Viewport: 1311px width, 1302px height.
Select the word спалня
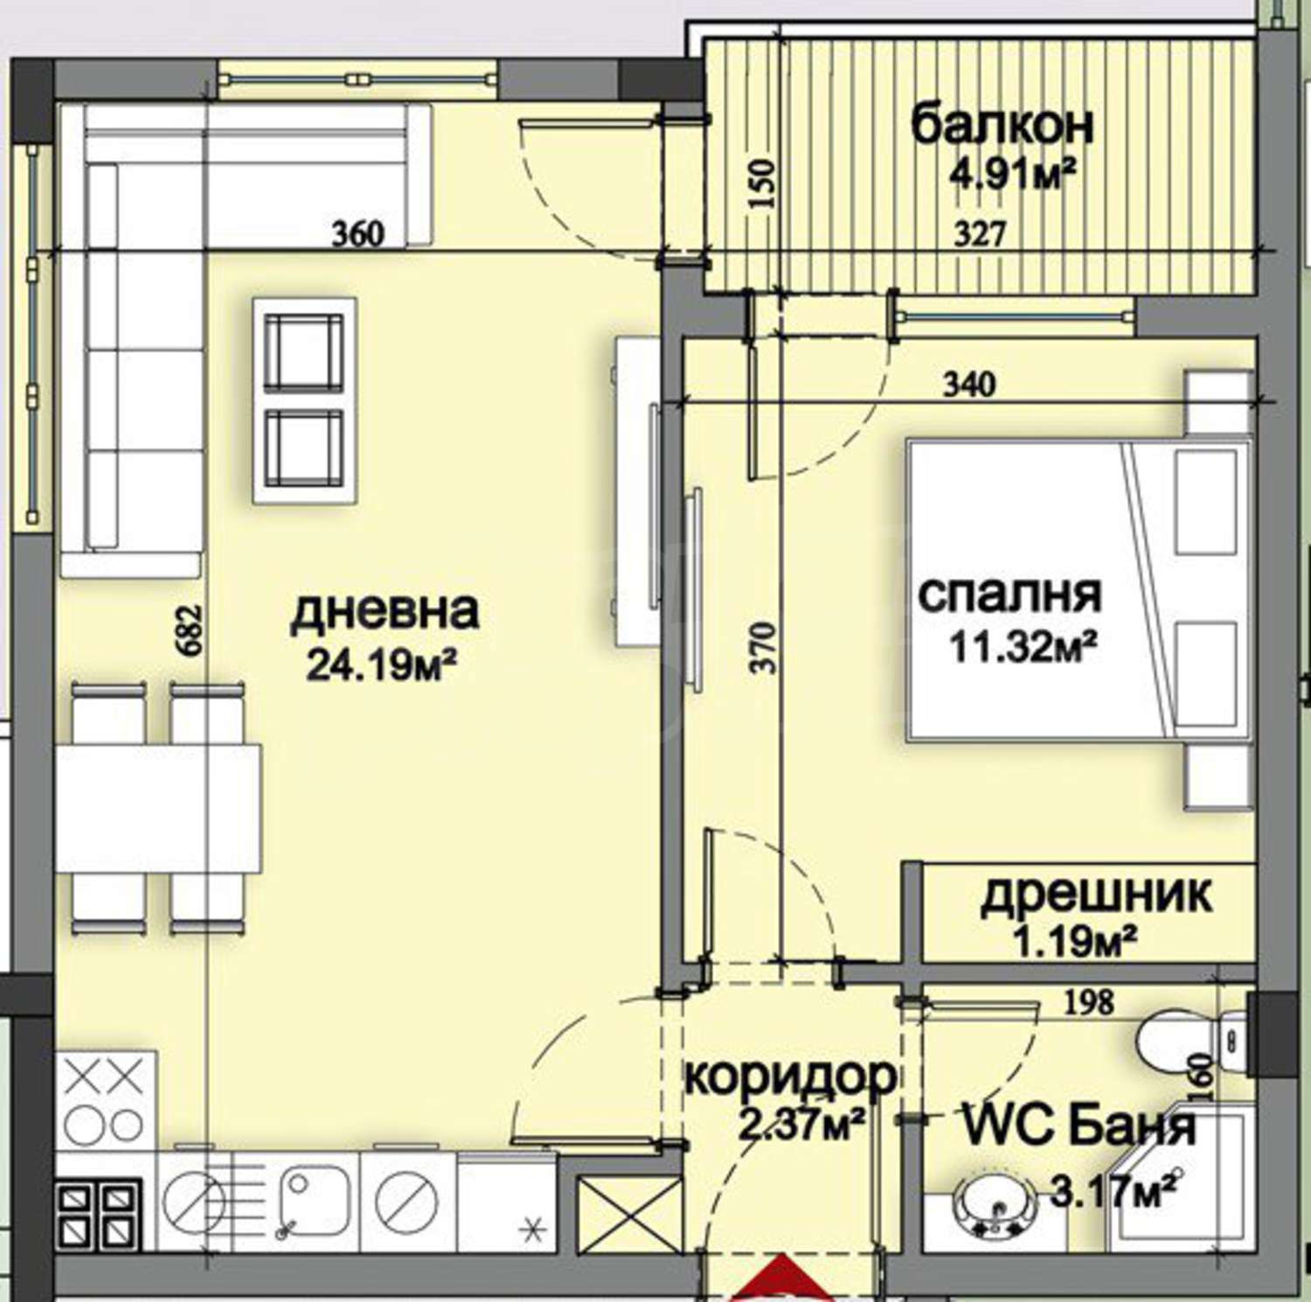pos(1009,595)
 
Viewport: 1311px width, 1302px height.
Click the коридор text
pos(791,1077)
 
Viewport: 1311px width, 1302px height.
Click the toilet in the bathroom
pos(1194,1041)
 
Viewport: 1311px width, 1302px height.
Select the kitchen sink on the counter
pos(313,1201)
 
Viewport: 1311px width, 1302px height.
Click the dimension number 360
pos(358,234)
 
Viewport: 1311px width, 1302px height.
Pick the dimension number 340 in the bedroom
pos(968,383)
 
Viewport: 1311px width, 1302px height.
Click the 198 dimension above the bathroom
pos(1090,1001)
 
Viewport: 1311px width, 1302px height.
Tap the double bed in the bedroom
pos(1079,591)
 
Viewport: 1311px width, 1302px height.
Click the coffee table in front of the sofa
pos(305,400)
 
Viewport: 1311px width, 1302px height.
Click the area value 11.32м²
pos(1024,649)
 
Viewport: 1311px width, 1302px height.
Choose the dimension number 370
pos(764,647)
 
